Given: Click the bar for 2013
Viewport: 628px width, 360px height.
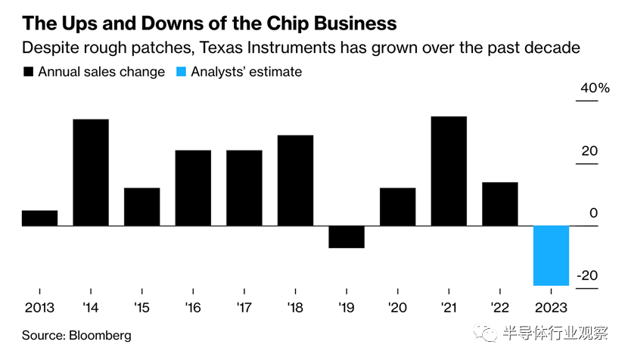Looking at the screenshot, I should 39,218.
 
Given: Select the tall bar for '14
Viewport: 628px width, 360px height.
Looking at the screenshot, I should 91,172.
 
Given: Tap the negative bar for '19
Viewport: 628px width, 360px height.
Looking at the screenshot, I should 347,237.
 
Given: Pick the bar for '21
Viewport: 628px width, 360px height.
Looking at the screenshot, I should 449,171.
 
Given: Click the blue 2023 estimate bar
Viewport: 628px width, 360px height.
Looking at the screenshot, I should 551,256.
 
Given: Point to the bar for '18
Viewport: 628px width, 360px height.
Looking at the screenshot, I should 295,180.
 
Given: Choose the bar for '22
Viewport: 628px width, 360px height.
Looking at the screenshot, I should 500,204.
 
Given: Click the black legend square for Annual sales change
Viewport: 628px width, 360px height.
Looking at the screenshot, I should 30,73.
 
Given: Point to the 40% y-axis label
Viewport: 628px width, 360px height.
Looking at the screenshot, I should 595,88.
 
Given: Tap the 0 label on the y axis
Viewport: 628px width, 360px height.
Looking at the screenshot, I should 594,213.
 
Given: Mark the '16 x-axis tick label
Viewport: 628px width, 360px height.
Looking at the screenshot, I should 193,309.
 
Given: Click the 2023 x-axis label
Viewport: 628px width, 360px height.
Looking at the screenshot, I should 551,309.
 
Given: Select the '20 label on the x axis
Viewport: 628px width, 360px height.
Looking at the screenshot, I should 397,309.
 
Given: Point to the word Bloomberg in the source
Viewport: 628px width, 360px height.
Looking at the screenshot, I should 100,335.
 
